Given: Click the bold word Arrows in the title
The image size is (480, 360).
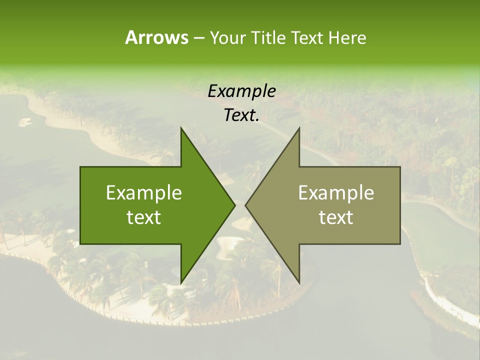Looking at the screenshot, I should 156,37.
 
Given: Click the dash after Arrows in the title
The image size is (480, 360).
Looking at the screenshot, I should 198,38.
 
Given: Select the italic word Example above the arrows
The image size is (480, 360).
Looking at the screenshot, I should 241,91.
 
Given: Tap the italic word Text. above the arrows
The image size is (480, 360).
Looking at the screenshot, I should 241,115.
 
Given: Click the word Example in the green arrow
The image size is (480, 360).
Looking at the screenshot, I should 143,192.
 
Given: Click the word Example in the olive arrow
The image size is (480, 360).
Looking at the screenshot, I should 336,192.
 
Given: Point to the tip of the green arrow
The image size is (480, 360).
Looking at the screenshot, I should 235,205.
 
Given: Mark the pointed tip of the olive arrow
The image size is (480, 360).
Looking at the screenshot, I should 245,205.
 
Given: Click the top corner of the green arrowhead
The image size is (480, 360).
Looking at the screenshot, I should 181,128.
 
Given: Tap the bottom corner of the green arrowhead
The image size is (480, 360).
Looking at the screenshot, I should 181,283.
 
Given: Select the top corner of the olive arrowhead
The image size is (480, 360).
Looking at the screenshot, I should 299,128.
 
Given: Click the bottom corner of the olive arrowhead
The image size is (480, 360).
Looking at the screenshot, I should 299,283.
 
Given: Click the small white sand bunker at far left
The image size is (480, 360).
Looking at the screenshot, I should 24,121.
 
